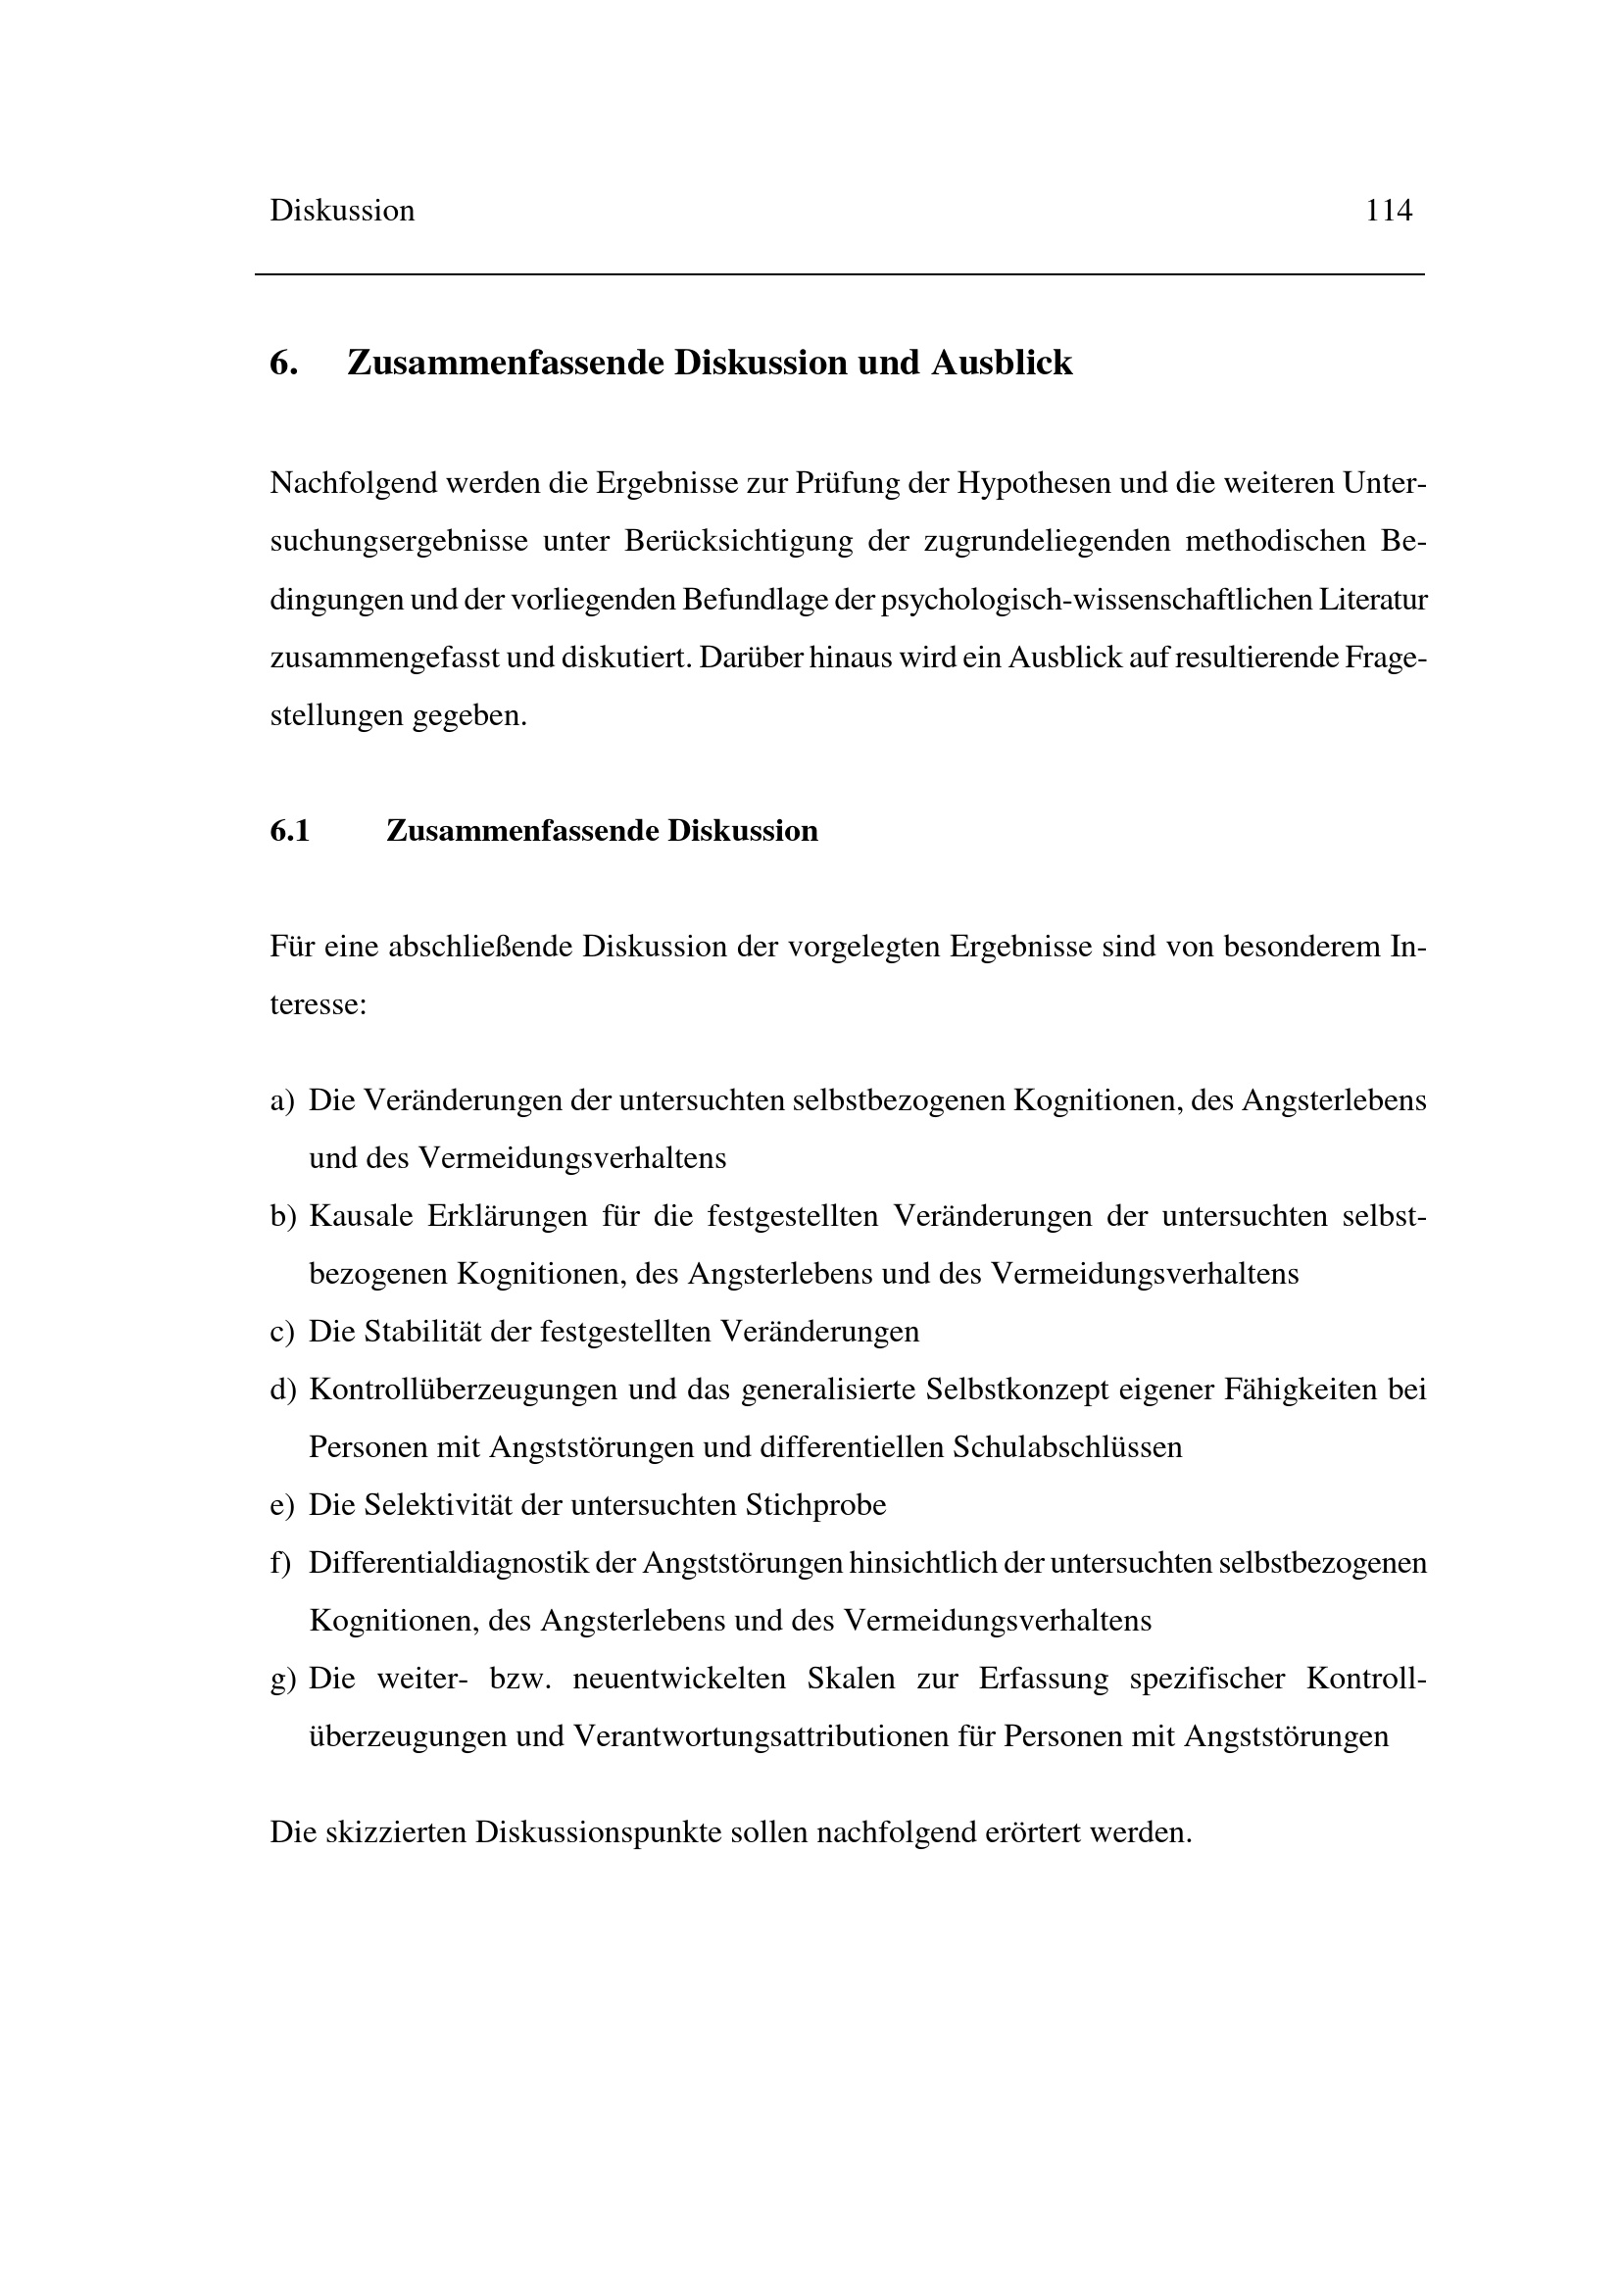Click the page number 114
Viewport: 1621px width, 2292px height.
coord(1389,211)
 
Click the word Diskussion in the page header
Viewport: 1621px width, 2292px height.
coord(341,211)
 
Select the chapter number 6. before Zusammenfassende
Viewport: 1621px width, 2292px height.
coord(283,363)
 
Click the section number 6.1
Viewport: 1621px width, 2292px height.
coord(289,831)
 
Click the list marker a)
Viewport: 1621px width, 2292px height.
coord(282,1100)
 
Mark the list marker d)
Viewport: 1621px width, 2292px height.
coord(283,1390)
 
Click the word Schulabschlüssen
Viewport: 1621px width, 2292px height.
coord(1067,1447)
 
